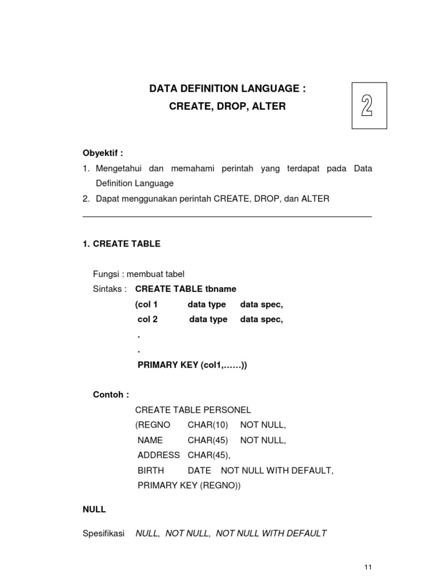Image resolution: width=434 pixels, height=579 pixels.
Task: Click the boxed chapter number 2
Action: click(x=367, y=106)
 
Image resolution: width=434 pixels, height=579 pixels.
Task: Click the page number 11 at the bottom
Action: click(x=368, y=568)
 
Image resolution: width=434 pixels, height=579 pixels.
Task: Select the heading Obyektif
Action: click(x=102, y=153)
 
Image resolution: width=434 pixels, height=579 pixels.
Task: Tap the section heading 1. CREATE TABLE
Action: click(x=121, y=244)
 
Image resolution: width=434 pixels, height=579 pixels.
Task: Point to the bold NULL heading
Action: click(x=94, y=509)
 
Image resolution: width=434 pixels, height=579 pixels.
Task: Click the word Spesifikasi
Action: click(x=103, y=533)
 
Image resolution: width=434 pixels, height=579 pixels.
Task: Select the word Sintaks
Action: click(x=110, y=289)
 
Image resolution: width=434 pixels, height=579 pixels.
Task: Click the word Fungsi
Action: click(x=106, y=274)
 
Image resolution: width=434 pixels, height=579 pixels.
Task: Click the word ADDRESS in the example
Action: click(x=159, y=455)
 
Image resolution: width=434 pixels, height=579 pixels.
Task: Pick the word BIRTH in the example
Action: click(x=151, y=470)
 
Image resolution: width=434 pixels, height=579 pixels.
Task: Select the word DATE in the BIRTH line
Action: click(x=199, y=470)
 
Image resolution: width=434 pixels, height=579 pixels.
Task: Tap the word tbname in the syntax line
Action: click(x=221, y=289)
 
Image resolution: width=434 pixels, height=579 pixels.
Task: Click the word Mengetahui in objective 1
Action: click(x=120, y=169)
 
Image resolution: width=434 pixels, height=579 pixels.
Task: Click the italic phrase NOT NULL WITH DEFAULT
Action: click(x=271, y=533)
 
